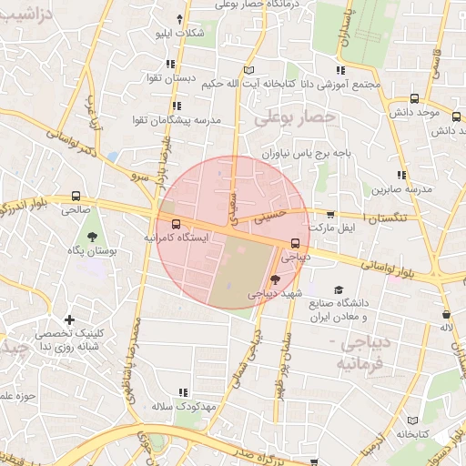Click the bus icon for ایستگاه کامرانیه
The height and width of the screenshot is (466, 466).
coord(175,224)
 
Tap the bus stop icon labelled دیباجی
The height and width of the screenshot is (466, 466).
coord(296,243)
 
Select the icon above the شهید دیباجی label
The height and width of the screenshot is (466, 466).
coord(276,281)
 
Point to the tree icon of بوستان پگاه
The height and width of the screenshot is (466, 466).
coord(92,236)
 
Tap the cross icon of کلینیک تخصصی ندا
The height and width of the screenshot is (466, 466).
coord(70,319)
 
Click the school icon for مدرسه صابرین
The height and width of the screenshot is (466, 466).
coord(400,175)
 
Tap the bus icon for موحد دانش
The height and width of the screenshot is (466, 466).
coord(414,98)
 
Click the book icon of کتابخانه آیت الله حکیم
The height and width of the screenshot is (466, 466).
coord(249,69)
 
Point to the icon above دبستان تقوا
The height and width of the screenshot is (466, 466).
coord(170,64)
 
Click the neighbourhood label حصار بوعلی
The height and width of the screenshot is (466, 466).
coord(285,117)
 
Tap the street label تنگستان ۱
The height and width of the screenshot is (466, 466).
coord(395,218)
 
